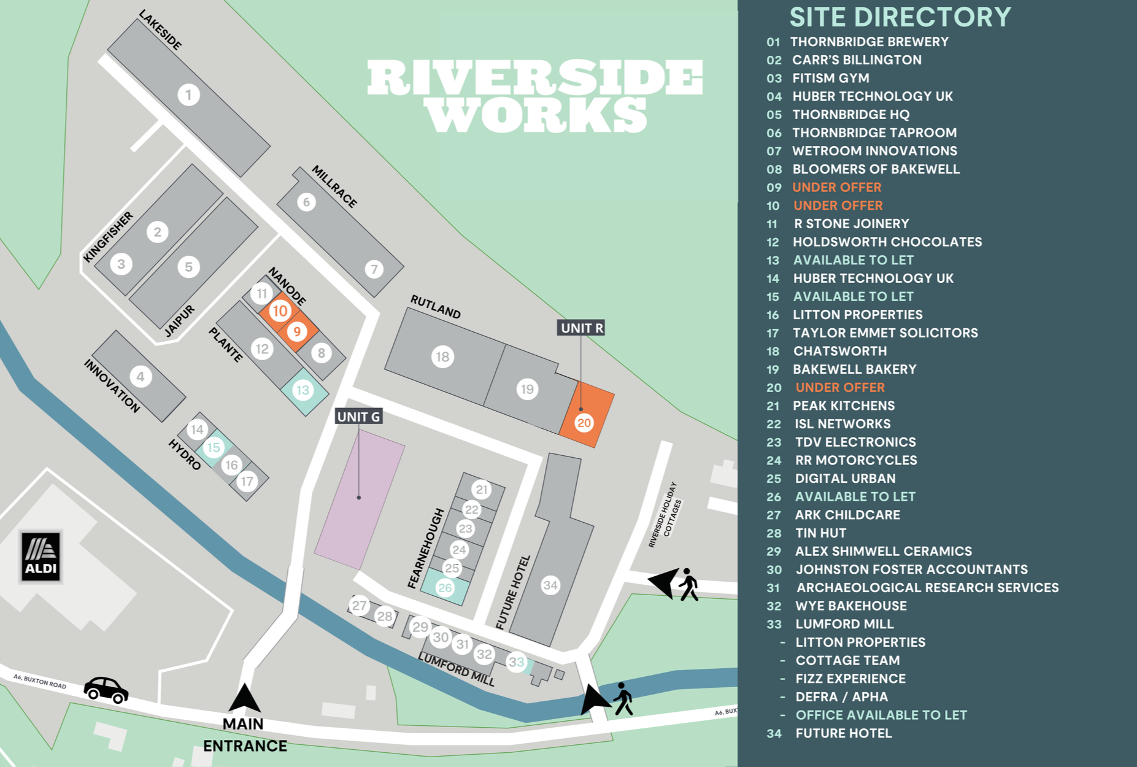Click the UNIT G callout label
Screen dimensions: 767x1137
pos(359,417)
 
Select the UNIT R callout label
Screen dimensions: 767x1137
pos(582,328)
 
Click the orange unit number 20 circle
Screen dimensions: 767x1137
pos(584,422)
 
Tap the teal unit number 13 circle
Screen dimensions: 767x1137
pos(303,390)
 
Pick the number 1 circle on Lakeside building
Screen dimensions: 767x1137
pos(188,94)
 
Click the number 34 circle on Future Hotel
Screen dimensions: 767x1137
pos(550,585)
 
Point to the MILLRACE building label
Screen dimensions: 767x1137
pos(334,186)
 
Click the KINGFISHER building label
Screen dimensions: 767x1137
pos(108,237)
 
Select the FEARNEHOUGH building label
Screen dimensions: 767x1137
pos(426,548)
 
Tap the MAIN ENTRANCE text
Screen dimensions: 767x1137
pos(244,735)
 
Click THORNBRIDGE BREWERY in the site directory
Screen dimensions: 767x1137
pos(869,42)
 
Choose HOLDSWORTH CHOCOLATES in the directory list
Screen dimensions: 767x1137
pos(887,242)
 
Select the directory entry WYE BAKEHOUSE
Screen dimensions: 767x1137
pos(850,606)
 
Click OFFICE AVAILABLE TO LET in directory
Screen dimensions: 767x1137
pos(881,715)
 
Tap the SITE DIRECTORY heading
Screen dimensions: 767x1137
pos(900,17)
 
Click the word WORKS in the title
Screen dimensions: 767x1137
pos(537,115)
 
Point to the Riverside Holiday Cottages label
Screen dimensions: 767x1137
pos(665,514)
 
